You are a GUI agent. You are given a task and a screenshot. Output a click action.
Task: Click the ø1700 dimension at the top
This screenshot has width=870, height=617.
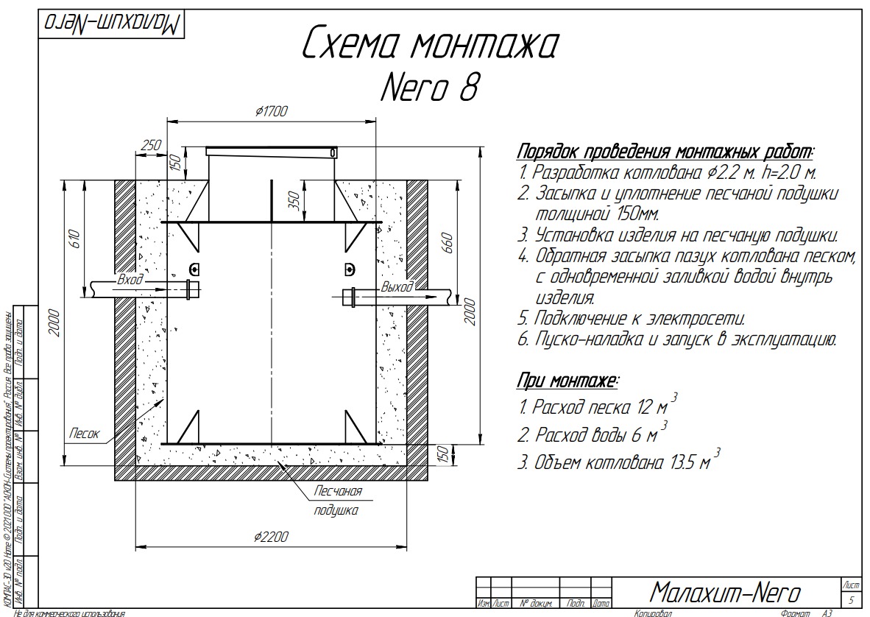pos(271,111)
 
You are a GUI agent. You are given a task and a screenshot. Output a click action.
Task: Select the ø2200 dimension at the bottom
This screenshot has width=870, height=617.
pos(271,537)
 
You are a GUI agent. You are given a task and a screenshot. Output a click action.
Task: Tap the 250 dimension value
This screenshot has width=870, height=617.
pos(150,146)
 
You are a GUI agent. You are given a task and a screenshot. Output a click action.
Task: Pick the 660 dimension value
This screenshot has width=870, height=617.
pos(447,242)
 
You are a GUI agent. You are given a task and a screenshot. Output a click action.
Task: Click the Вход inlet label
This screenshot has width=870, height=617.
pos(130,281)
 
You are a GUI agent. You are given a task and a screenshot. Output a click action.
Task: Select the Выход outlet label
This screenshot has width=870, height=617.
pos(397,286)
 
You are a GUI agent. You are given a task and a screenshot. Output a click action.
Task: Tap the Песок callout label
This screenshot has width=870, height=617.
pos(84,434)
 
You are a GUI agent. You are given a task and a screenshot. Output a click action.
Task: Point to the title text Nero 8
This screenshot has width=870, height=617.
pos(430,88)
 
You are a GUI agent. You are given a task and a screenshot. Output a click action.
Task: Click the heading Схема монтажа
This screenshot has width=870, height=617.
pos(430,46)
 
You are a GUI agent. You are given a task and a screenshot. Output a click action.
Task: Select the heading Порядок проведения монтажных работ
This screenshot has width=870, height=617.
pos(665,152)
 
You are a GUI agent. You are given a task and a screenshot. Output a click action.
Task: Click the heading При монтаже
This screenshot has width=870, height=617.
pos(567,381)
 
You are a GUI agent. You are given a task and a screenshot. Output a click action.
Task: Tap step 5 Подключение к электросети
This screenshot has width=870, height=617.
pos(632,319)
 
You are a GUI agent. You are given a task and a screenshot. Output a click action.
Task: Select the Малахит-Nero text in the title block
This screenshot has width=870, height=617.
pos(726,592)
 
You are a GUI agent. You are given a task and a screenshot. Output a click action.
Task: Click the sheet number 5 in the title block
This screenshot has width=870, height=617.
pos(851,599)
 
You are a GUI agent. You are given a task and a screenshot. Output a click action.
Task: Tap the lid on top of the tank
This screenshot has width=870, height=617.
pos(272,152)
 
